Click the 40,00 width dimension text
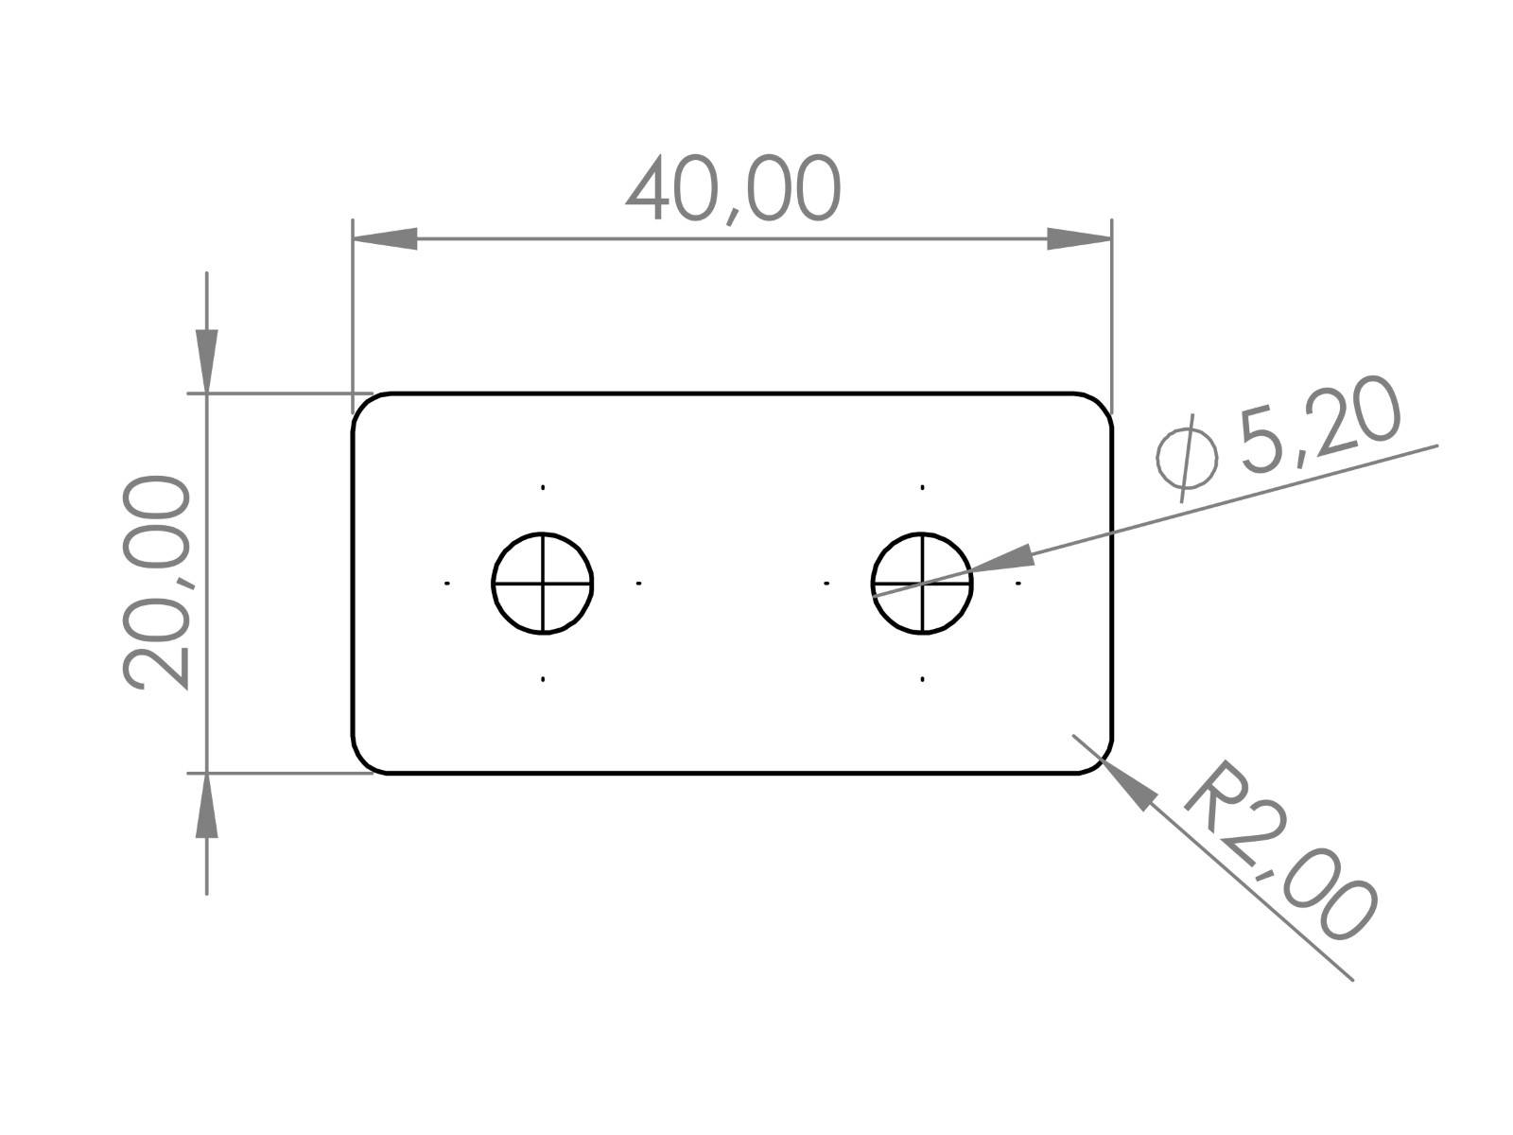(x=733, y=190)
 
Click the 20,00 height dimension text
(x=157, y=582)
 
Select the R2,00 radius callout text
(x=1277, y=851)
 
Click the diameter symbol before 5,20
(x=1187, y=457)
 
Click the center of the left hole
(x=543, y=584)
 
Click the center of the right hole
(x=922, y=584)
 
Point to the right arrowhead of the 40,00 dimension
(x=1078, y=239)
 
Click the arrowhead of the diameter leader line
(x=1002, y=560)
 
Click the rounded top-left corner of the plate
(x=363, y=404)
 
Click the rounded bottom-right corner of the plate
(x=1102, y=762)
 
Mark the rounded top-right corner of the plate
(x=1102, y=404)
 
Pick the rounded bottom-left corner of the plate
(x=363, y=762)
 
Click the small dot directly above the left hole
(x=543, y=488)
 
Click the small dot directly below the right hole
(x=922, y=679)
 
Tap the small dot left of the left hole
(x=447, y=584)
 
